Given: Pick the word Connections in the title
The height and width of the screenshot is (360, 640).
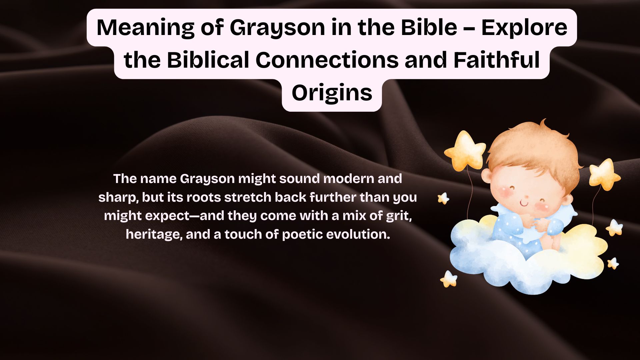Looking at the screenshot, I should pos(327,60).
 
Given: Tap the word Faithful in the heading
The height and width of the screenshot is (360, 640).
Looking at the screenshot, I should pos(496,60).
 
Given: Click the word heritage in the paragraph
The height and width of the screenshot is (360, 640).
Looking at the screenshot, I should pos(154,235).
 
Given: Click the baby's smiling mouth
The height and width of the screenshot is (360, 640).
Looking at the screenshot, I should pos(524,203).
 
